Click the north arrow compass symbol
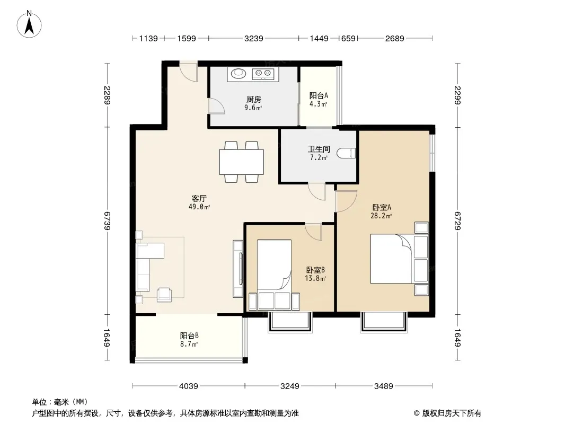pos(29,24)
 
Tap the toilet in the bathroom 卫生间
pos(346,154)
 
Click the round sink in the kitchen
pos(238,73)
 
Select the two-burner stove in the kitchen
pos(263,74)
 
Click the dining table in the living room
pos(241,162)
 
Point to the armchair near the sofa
pos(164,294)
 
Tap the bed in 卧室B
pos(274,275)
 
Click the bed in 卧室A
pos(400,259)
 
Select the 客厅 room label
pos(199,199)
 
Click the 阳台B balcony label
pos(190,335)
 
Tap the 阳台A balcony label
pos(319,96)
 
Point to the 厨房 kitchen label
pos(254,100)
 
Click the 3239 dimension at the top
pos(254,38)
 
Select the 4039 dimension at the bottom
pos(189,386)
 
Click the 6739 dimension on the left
pos(107,221)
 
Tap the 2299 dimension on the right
pos(457,95)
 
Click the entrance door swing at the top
pos(189,73)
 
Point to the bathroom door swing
pos(317,192)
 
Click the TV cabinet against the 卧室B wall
pos(238,269)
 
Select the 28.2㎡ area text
pos(381,216)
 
